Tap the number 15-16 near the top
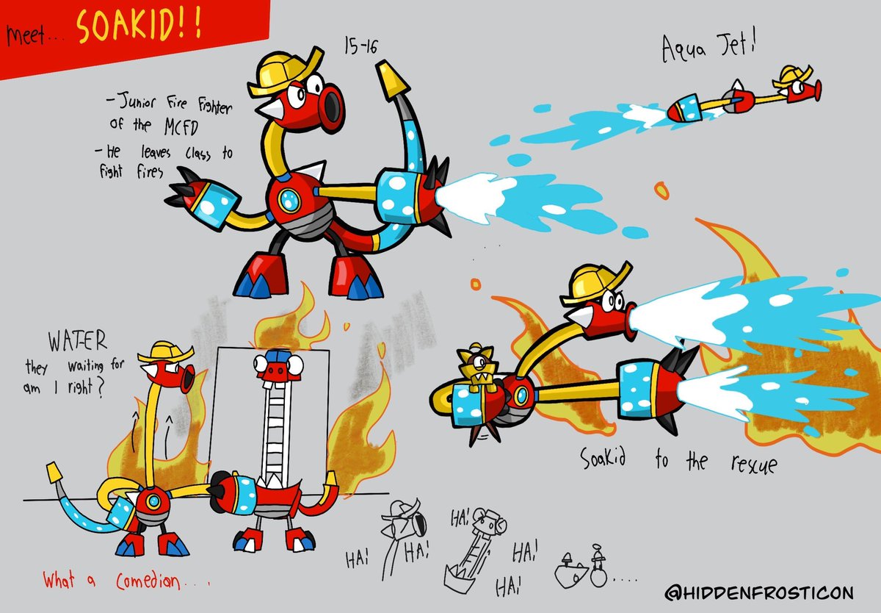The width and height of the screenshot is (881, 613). click(360, 46)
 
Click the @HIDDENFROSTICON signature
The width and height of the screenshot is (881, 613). click(759, 592)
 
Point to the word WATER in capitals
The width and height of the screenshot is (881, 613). click(78, 340)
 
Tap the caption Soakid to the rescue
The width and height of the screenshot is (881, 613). click(678, 461)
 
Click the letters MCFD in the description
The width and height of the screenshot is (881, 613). click(181, 126)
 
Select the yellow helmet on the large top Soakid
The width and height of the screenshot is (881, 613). click(284, 73)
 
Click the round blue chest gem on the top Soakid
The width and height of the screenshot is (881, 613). click(289, 201)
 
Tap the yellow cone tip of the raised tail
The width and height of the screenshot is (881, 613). click(392, 80)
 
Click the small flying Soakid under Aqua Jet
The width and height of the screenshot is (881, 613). click(743, 95)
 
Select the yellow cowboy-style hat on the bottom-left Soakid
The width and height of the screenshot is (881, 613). click(165, 352)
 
